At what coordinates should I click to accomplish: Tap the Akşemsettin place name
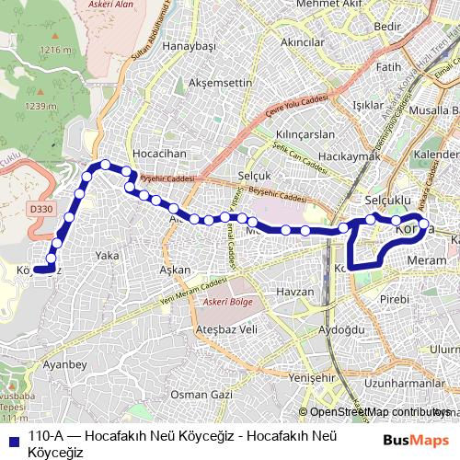click(x=220, y=82)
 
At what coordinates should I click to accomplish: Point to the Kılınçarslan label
click(x=305, y=134)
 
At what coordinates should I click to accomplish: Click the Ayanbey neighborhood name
click(x=64, y=365)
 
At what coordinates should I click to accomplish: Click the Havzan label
click(x=295, y=292)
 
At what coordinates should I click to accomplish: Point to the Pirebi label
click(x=395, y=300)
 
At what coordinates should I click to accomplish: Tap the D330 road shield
click(x=41, y=210)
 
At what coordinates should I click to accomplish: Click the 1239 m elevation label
click(x=40, y=106)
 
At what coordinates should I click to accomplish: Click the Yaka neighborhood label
click(x=108, y=255)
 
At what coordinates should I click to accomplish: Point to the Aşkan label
click(x=175, y=270)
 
